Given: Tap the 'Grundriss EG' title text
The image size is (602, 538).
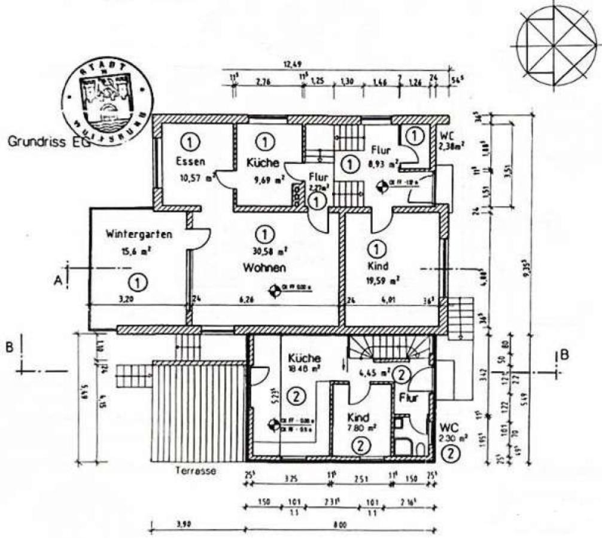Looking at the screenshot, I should coord(45,143).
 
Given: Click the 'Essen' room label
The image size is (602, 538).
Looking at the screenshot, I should coord(190,161).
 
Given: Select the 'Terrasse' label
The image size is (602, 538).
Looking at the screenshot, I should coord(195,471).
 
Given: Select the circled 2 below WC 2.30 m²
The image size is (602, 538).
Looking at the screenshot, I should coord(451,454).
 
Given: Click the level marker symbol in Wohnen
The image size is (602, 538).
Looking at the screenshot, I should coord(275,291).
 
